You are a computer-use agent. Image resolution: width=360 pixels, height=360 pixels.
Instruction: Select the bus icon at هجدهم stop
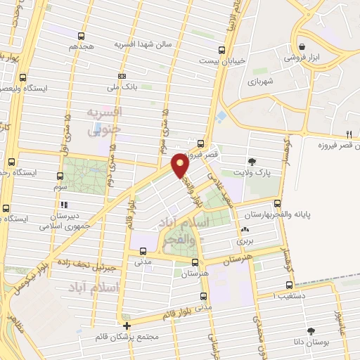82,36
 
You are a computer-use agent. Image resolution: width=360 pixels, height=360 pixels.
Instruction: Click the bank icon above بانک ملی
122,76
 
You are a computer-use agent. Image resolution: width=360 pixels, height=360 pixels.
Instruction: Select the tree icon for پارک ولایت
252,162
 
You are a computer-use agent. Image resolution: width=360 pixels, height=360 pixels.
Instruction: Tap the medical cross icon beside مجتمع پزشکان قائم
127,326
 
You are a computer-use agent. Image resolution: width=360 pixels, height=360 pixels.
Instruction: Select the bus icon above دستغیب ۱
290,285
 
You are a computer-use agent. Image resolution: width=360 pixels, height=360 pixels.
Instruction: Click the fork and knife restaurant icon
349,134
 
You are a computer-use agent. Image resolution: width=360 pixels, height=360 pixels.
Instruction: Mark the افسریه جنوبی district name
104,121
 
